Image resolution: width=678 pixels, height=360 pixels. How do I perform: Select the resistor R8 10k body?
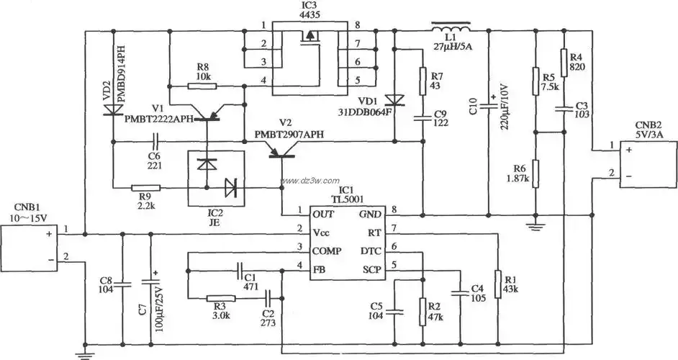(x=202, y=86)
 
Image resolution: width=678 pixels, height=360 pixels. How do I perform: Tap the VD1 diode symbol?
(x=394, y=99)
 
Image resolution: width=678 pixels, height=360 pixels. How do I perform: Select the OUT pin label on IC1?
(x=322, y=214)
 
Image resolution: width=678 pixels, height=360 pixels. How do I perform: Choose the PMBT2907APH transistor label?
(x=288, y=135)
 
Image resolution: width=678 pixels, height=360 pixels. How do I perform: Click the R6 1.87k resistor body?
(x=535, y=174)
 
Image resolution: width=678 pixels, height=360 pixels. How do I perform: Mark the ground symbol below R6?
(x=535, y=226)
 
